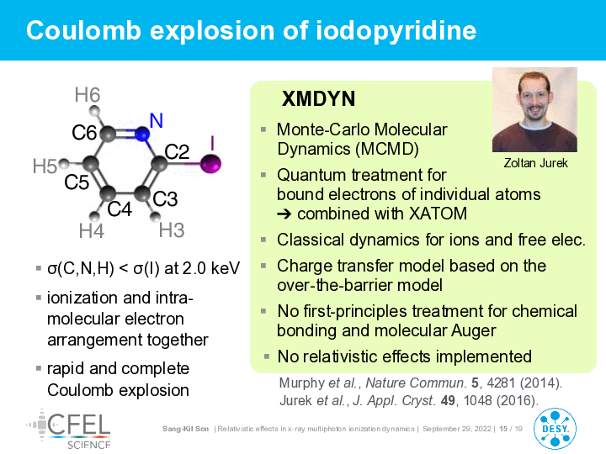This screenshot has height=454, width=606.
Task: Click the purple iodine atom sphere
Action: pyautogui.click(x=210, y=163)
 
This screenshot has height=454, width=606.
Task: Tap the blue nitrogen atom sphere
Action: pyautogui.click(x=142, y=134)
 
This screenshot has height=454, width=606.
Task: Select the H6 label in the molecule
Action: pyautogui.click(x=88, y=95)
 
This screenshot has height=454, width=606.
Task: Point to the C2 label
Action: pyautogui.click(x=177, y=151)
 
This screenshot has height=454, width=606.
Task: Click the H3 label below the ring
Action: pyautogui.click(x=172, y=230)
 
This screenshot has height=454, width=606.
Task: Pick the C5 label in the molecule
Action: pyautogui.click(x=77, y=182)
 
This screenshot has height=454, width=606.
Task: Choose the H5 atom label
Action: pyautogui.click(x=45, y=166)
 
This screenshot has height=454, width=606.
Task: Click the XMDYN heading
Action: pyautogui.click(x=318, y=99)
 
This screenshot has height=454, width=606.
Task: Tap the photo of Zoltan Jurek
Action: pyautogui.click(x=534, y=109)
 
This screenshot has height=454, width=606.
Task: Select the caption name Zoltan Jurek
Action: pyautogui.click(x=535, y=163)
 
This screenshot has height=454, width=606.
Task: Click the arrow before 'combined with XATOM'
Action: pyautogui.click(x=284, y=214)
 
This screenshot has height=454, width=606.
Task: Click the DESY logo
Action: pyautogui.click(x=555, y=429)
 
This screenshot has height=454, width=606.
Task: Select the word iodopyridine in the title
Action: pyautogui.click(x=396, y=30)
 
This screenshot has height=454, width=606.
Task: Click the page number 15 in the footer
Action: pyautogui.click(x=503, y=429)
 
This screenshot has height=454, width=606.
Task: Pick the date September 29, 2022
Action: pyautogui.click(x=457, y=429)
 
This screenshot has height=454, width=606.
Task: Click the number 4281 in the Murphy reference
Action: pyautogui.click(x=502, y=383)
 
